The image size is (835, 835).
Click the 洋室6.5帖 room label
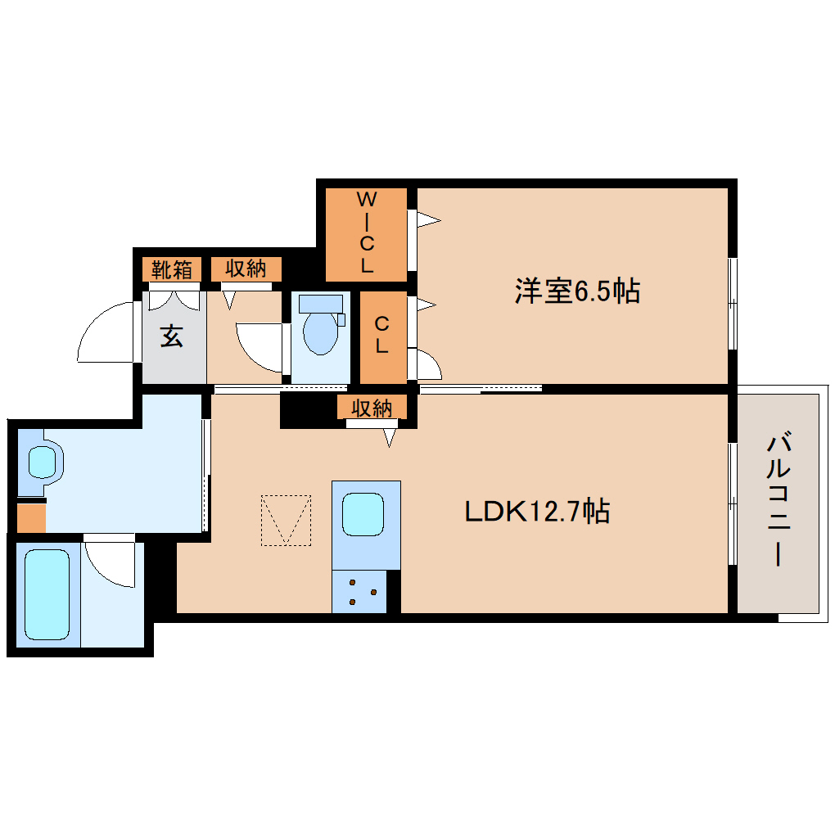[577, 291]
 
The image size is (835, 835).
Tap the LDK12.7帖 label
[536, 512]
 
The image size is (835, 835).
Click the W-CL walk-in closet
[367, 233]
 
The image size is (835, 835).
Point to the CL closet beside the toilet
[381, 336]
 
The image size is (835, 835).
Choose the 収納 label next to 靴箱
[246, 269]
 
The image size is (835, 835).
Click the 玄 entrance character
[171, 336]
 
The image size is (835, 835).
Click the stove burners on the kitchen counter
[363, 591]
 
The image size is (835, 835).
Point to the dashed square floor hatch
[286, 520]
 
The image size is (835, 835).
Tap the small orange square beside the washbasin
[31, 518]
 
